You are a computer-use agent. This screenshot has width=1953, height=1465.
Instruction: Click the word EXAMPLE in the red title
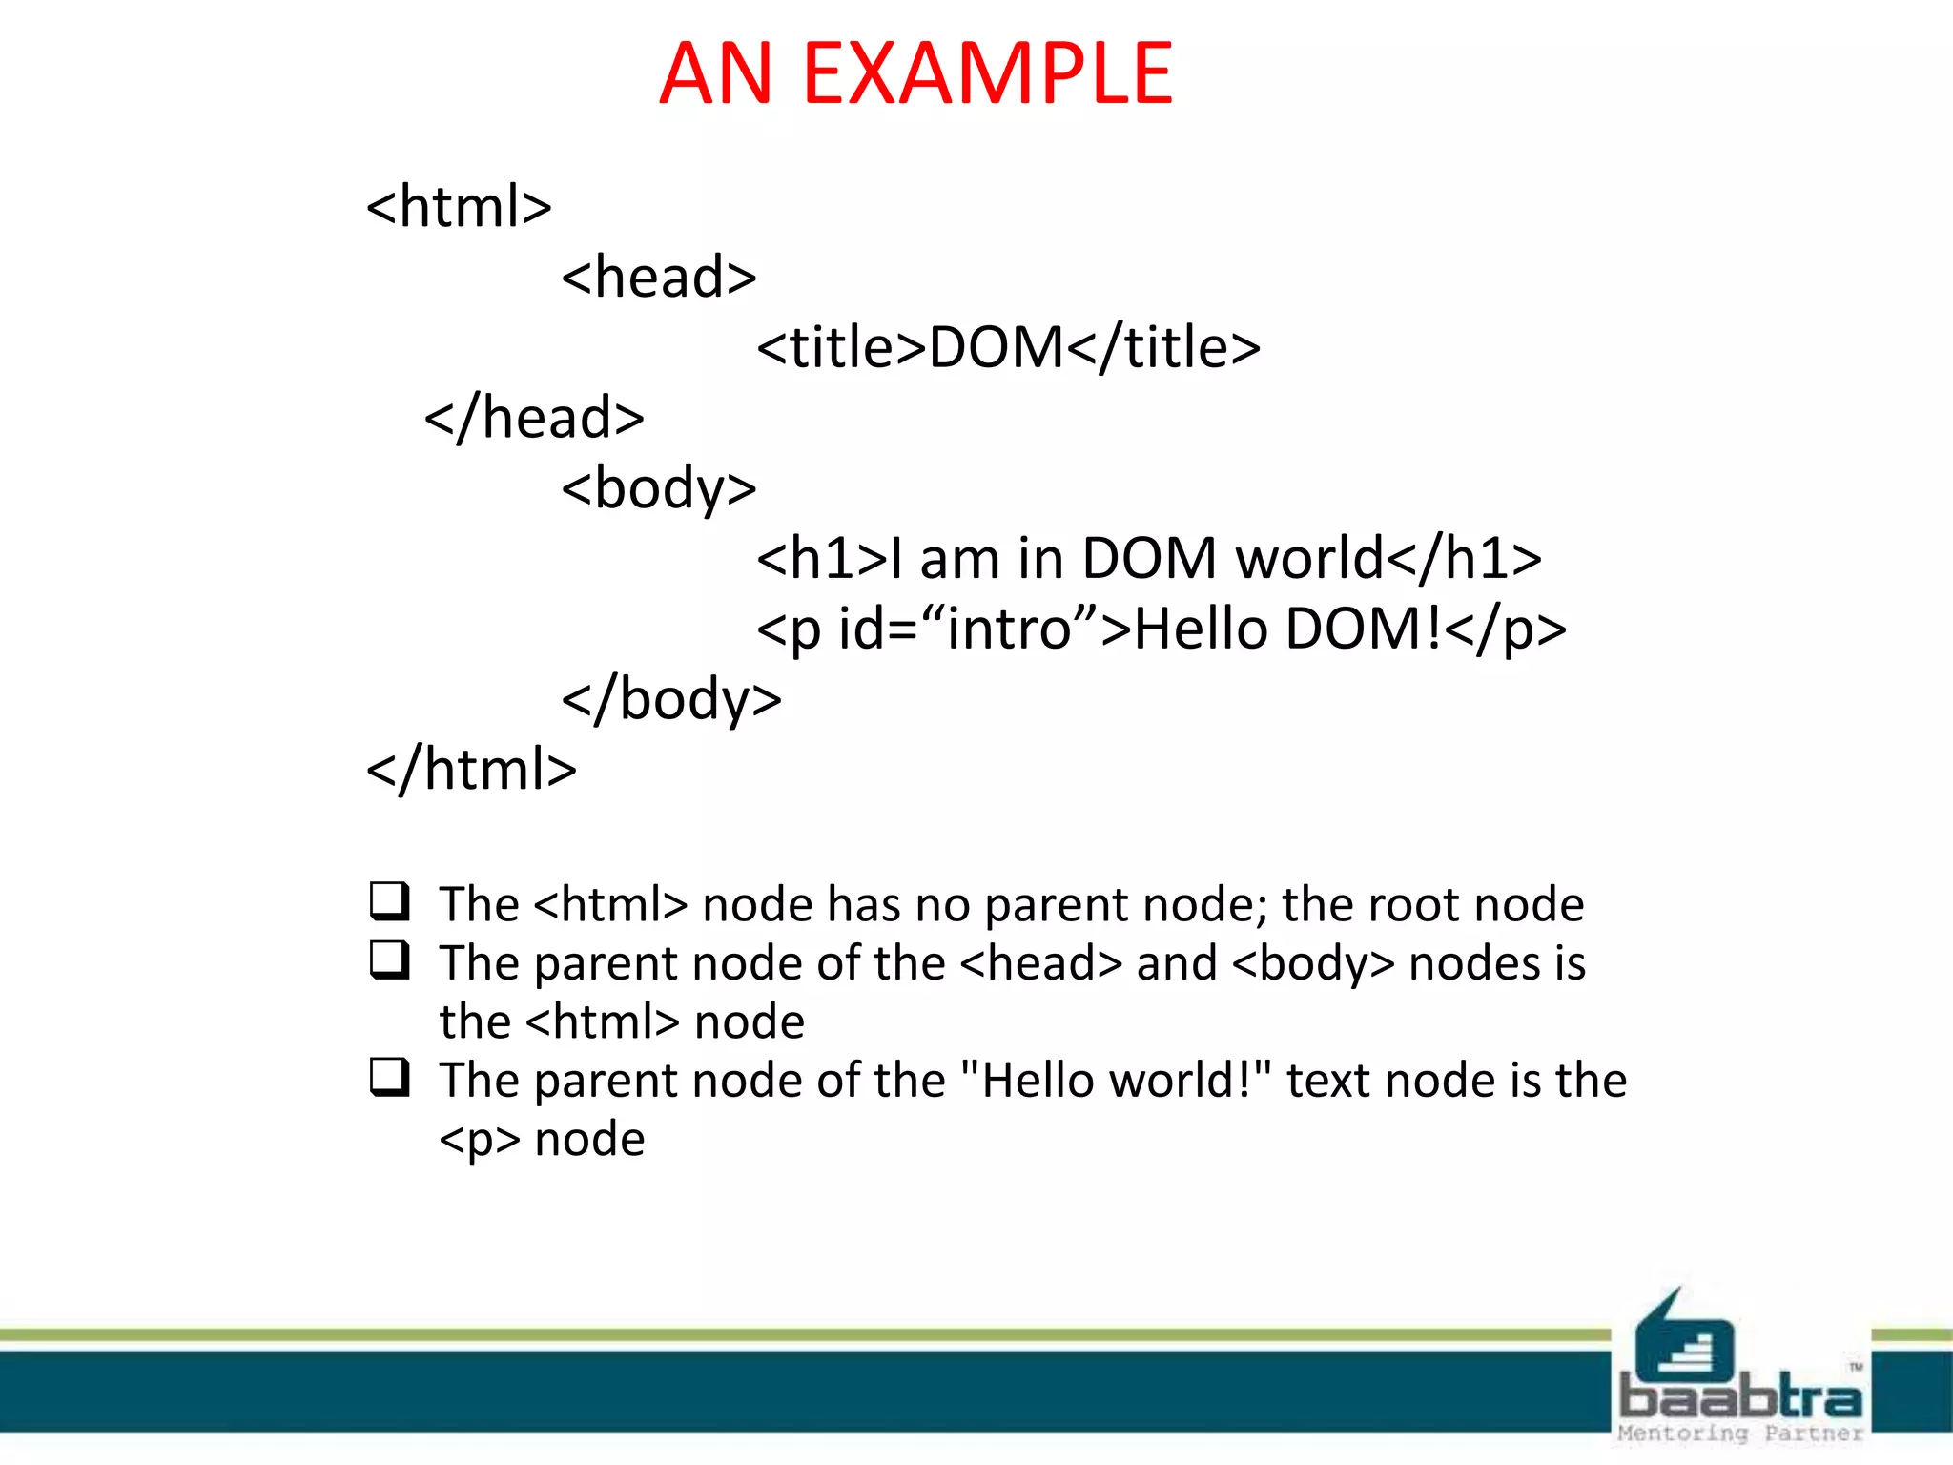point(987,74)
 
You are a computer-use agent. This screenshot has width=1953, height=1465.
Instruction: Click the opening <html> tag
point(459,206)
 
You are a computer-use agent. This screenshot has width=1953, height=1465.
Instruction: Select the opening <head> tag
point(659,277)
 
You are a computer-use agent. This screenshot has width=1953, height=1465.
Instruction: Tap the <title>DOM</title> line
point(1008,346)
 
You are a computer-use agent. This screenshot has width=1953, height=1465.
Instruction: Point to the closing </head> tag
point(534,418)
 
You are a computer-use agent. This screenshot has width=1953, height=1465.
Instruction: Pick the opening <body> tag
point(659,488)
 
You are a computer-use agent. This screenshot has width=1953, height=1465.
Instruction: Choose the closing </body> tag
point(671,699)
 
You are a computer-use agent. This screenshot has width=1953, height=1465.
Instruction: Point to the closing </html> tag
point(472,770)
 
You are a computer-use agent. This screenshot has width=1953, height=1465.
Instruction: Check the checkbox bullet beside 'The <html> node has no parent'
point(390,901)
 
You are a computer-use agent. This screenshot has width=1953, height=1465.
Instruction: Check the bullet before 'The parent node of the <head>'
point(390,960)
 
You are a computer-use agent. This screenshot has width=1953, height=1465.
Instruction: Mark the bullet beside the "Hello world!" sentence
point(390,1078)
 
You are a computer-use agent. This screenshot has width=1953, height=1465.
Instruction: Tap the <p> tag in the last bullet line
point(480,1140)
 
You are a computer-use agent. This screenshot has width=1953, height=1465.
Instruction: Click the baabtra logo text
point(1740,1398)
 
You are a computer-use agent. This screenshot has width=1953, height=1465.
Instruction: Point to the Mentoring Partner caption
point(1740,1434)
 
